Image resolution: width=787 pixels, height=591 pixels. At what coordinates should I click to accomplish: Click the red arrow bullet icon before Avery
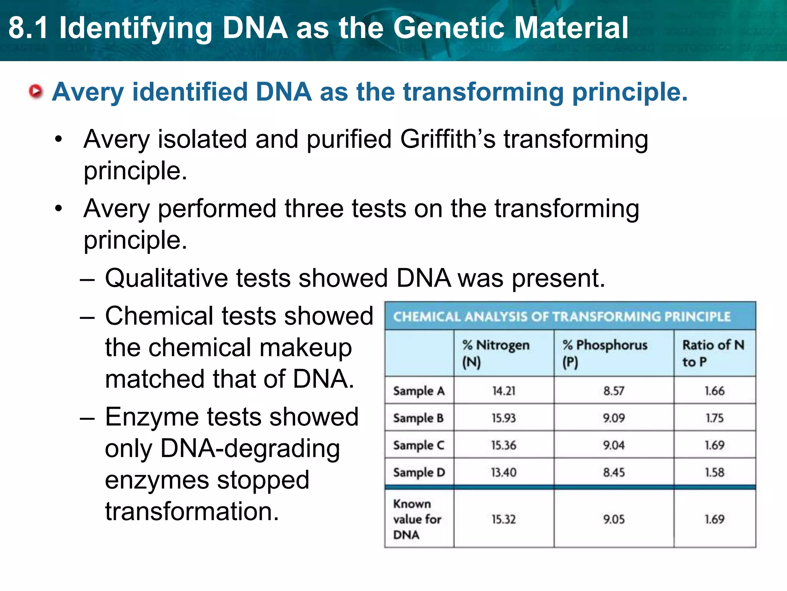tap(36, 92)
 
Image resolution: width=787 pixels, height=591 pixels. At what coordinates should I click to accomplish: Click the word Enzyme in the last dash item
tap(152, 417)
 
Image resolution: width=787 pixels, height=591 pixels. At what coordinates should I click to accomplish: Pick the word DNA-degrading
tap(250, 449)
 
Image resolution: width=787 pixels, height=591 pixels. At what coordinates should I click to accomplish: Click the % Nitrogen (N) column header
tap(496, 353)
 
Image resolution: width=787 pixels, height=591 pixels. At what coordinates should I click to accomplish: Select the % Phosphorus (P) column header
tap(604, 353)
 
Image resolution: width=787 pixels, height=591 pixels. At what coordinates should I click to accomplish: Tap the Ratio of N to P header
tap(713, 353)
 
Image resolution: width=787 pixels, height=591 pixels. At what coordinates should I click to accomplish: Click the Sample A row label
tap(418, 391)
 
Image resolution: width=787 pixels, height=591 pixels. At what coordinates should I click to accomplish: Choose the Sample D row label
tap(418, 472)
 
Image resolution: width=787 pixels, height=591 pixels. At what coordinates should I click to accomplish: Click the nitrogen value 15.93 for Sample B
tap(503, 418)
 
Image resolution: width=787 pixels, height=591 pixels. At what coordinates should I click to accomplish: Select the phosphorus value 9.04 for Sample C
tap(614, 446)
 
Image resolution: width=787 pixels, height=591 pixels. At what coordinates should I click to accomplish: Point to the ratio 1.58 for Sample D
tap(714, 472)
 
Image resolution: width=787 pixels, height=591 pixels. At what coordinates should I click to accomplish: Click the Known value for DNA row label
tap(417, 519)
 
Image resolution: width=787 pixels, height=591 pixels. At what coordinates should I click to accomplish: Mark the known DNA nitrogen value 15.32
tap(503, 519)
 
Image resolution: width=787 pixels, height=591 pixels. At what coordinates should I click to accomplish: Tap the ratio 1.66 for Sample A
tap(714, 391)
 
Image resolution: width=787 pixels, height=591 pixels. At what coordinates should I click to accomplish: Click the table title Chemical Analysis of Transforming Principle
tap(561, 317)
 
